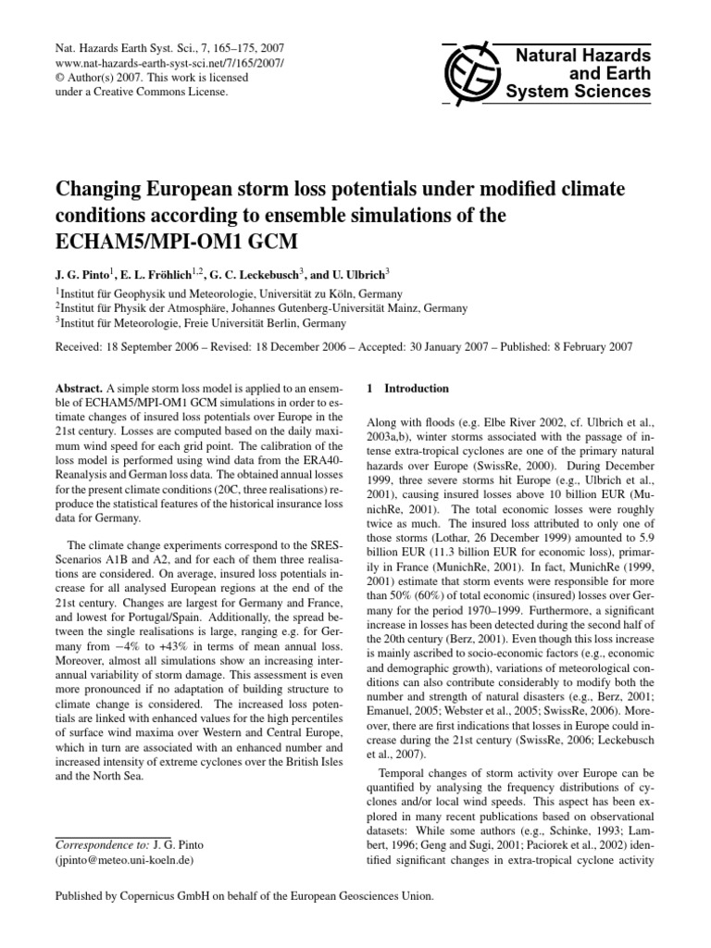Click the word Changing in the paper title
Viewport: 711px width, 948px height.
click(89, 191)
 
